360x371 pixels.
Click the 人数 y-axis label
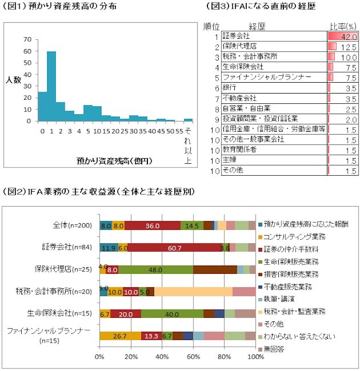click(x=13, y=80)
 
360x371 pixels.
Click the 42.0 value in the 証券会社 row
click(x=349, y=37)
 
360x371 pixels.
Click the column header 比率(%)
click(x=343, y=26)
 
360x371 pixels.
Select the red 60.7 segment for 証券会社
click(x=175, y=247)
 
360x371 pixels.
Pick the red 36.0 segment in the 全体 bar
click(x=153, y=225)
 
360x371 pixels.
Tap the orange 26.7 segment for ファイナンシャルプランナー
click(x=120, y=336)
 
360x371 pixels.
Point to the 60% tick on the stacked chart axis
click(x=193, y=357)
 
